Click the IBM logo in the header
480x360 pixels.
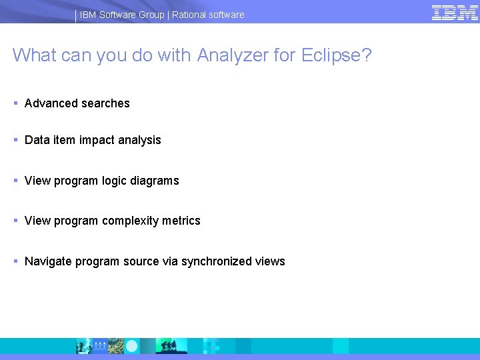pyautogui.click(x=455, y=13)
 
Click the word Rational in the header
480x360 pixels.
pyautogui.click(x=191, y=15)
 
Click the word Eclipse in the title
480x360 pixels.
pyautogui.click(x=331, y=55)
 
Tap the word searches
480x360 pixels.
pyautogui.click(x=105, y=103)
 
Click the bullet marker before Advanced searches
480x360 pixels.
pyautogui.click(x=15, y=103)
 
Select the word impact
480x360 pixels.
pyautogui.click(x=97, y=140)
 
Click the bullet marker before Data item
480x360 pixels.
pyautogui.click(x=15, y=140)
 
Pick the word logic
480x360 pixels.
pyautogui.click(x=117, y=181)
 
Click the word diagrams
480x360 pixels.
pyautogui.click(x=156, y=181)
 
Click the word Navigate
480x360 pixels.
pyautogui.click(x=48, y=261)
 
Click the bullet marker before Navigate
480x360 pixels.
pyautogui.click(x=15, y=261)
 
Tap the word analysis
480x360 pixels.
pyautogui.click(x=139, y=140)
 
